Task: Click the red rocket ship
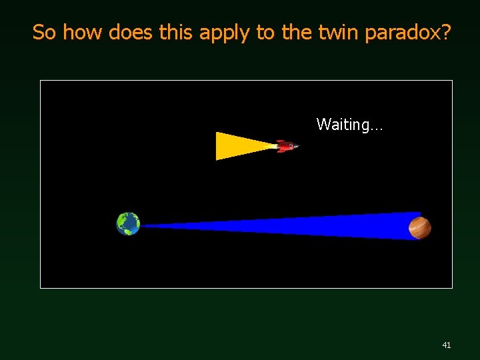click(x=287, y=146)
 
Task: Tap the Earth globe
click(x=128, y=224)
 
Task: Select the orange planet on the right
click(x=420, y=227)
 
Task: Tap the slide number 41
click(x=447, y=345)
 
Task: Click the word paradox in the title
click(x=403, y=32)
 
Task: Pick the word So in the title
click(x=44, y=32)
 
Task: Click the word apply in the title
click(x=227, y=32)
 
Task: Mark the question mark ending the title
click(x=446, y=32)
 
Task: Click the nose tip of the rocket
click(x=298, y=146)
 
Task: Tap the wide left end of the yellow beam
click(x=219, y=146)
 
